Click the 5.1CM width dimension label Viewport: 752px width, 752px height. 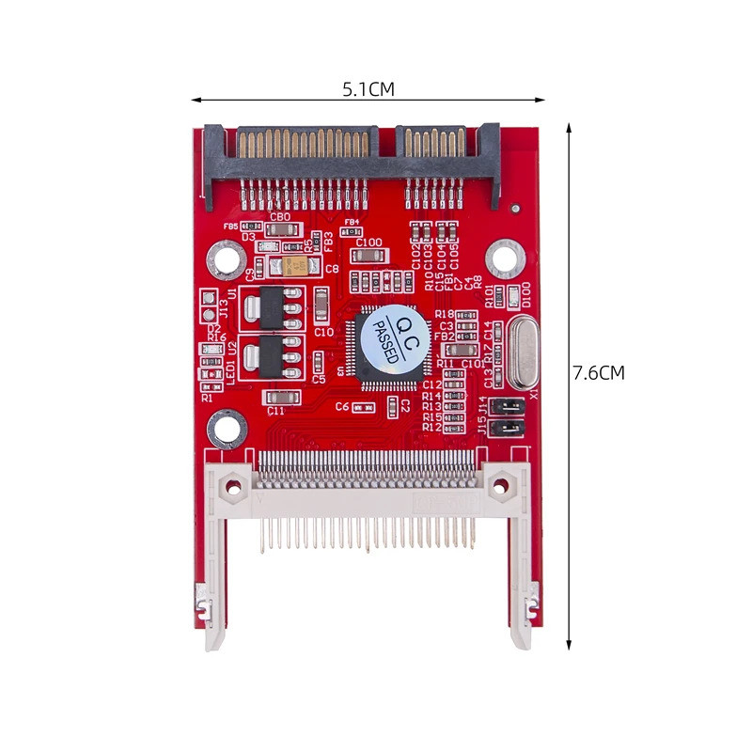point(368,89)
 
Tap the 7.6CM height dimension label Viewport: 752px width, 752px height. point(598,372)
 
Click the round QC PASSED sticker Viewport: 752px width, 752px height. point(392,339)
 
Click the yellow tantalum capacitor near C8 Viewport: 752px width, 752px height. point(293,267)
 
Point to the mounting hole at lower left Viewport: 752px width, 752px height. point(227,432)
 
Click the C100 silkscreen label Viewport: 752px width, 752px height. point(369,243)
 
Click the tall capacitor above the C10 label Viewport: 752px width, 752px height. point(321,304)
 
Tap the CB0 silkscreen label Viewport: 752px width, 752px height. point(279,217)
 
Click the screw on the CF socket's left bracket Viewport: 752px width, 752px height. point(232,486)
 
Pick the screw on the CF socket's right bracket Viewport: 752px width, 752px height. point(500,486)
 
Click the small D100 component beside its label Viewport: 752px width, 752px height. point(513,297)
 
